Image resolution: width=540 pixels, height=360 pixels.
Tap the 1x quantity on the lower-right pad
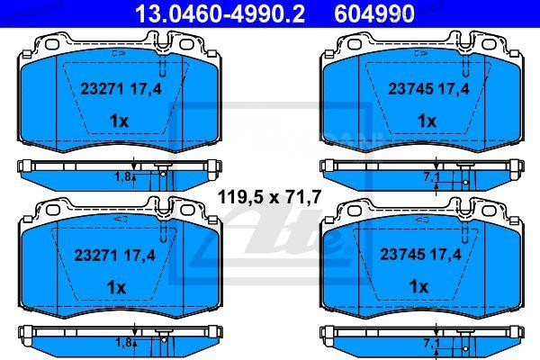[x=418, y=286]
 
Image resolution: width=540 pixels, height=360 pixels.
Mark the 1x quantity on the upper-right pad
[x=418, y=121]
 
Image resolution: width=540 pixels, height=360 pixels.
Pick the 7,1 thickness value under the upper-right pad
[x=431, y=176]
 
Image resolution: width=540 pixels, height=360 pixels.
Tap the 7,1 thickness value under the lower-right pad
[x=431, y=343]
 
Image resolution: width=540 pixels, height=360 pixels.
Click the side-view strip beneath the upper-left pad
[x=72, y=167]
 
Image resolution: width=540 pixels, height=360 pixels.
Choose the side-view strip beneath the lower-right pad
[x=378, y=334]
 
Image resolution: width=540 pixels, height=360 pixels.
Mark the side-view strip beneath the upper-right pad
[x=378, y=167]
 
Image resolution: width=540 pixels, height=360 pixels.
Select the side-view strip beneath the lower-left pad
[x=72, y=334]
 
